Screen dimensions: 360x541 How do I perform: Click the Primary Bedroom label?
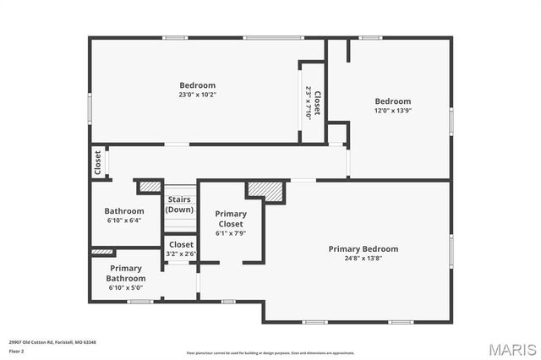coord(363,248)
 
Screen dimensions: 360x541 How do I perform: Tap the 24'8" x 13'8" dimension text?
coord(363,259)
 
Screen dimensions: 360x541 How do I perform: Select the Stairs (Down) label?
coord(179,205)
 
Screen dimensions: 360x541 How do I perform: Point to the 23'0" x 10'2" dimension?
coord(197,95)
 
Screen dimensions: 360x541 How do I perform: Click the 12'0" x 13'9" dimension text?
coord(393,111)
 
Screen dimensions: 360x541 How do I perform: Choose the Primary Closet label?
coord(231,219)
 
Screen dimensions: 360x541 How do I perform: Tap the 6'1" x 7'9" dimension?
coord(231,233)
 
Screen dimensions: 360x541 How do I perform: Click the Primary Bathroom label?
coord(124,273)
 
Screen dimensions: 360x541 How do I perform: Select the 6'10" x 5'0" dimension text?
coord(124,288)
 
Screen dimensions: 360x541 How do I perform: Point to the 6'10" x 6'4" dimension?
coord(124,220)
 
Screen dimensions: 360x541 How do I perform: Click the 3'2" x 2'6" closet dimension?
coord(180,254)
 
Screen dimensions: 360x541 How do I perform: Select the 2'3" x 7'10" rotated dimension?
coord(309,102)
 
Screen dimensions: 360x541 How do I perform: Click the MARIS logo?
coord(512,348)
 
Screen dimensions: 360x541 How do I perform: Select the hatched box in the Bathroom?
coord(150,186)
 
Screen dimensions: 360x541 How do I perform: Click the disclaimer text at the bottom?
coord(270,353)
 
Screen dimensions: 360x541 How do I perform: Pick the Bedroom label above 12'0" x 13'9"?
coord(393,101)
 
